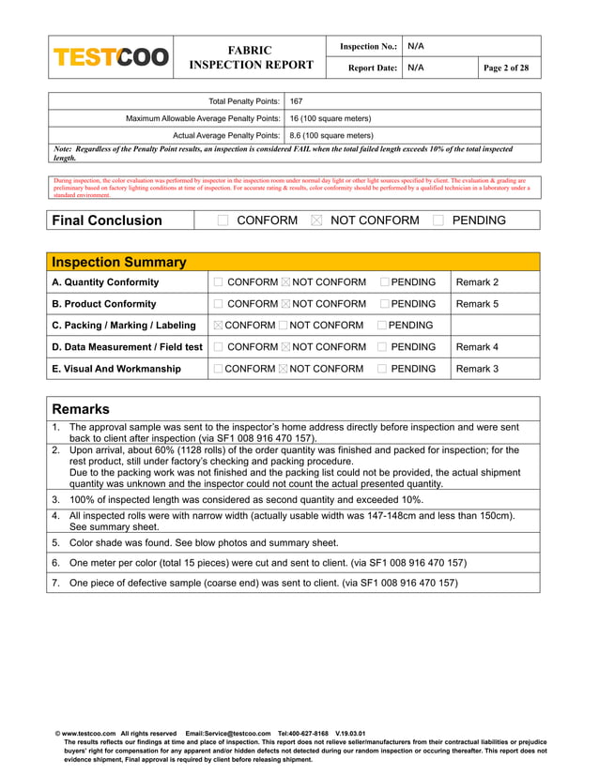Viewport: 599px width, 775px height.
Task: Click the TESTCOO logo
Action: coord(111,57)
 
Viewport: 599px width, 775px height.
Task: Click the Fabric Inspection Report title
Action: coord(251,57)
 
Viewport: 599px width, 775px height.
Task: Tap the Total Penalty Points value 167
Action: coord(296,101)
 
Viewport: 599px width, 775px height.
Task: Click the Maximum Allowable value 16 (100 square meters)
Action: coord(330,119)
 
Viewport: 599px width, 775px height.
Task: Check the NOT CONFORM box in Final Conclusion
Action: coord(316,220)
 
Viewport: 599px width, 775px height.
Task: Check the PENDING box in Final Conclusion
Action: coord(438,220)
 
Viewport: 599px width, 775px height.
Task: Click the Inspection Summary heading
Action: coord(118,263)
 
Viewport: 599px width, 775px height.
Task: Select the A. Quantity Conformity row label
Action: coord(105,282)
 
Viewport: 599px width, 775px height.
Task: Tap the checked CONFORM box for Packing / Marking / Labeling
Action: coord(219,326)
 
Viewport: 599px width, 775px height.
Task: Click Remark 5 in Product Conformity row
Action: coord(477,304)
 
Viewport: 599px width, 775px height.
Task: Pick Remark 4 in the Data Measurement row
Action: coord(477,347)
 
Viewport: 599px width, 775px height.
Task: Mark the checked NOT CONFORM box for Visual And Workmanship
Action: coord(284,369)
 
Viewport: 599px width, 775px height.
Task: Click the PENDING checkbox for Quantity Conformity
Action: coord(385,282)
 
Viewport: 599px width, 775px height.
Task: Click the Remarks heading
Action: coord(81,409)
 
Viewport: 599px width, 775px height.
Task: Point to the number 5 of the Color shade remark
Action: coord(55,541)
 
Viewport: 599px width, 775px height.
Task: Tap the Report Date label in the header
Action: coord(373,68)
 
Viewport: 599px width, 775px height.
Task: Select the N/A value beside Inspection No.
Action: coord(416,46)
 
